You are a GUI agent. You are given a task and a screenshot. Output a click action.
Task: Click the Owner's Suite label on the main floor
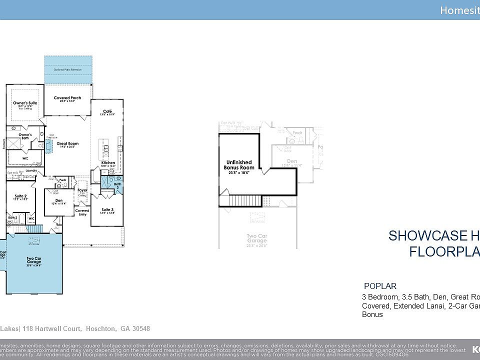coord(25,103)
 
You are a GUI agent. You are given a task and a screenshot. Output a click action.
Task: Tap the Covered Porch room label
coord(67,98)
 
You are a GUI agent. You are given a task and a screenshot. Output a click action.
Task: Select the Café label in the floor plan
coord(107,111)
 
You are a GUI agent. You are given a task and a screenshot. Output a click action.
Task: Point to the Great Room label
coord(67,143)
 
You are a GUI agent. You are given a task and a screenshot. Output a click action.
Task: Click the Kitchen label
coord(108,163)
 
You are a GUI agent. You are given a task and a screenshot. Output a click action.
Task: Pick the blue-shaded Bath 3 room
coord(112,184)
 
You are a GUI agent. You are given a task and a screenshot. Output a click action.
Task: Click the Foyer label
coord(82,190)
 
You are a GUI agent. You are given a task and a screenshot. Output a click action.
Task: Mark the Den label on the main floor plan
coord(59,201)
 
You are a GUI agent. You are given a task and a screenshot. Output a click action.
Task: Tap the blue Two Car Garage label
coord(34,259)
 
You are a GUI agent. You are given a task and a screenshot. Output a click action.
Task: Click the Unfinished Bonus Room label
coord(238,165)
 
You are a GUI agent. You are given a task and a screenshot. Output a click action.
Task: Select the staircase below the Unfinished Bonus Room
coord(245,201)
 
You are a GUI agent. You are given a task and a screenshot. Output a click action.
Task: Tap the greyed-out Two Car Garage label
coord(257,238)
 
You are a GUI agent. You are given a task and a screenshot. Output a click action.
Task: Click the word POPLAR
coord(380,286)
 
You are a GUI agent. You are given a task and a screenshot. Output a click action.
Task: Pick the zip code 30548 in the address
coord(140,328)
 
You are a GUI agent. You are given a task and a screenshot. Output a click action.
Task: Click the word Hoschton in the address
coord(101,328)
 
